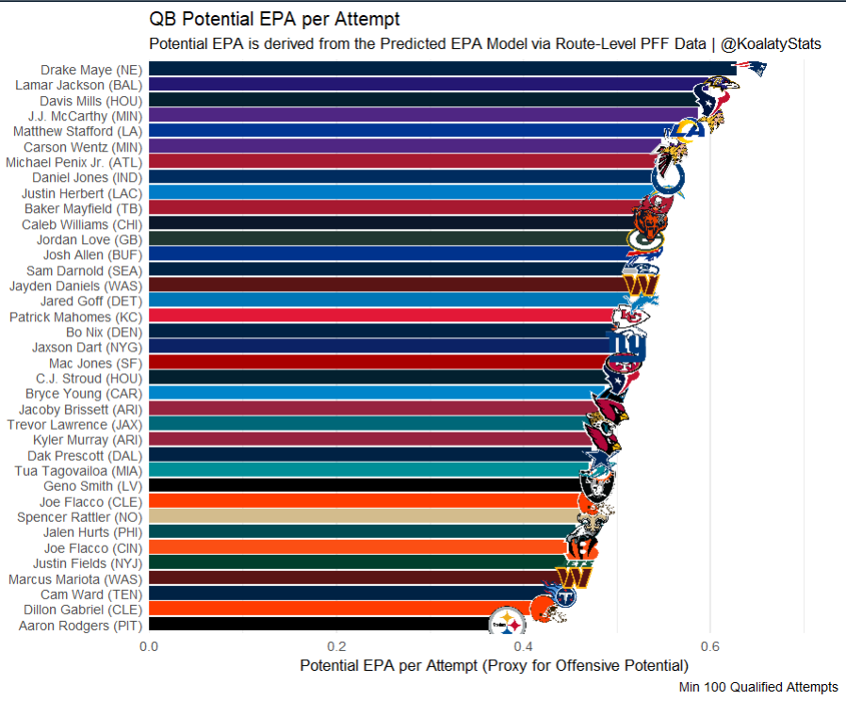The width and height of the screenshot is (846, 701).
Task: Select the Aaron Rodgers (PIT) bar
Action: coord(320,625)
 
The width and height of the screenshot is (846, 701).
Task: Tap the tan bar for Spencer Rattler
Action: coord(367,517)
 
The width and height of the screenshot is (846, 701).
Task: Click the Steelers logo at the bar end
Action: coord(510,623)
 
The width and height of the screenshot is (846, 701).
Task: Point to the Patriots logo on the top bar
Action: coord(750,69)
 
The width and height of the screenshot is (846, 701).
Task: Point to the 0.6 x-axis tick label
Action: coord(710,646)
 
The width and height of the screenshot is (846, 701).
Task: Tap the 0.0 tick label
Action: coord(149,646)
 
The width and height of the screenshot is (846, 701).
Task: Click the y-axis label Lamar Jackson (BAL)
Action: coord(78,85)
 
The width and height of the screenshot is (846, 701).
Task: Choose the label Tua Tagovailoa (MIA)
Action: coord(78,470)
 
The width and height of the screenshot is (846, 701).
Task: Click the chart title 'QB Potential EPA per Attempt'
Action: coord(274,20)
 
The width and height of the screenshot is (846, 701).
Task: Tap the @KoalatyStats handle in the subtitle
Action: coord(771,44)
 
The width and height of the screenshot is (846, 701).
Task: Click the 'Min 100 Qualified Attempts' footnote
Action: coord(758,687)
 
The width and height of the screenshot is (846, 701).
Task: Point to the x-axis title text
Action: coord(495,666)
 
